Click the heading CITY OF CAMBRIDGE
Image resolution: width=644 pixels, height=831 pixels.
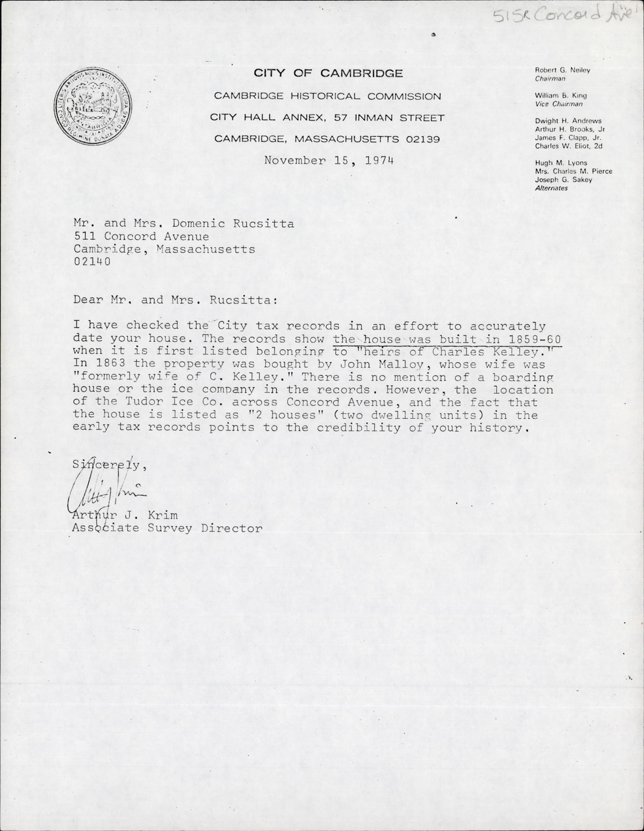tap(328, 73)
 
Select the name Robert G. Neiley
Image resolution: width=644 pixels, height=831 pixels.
tap(562, 70)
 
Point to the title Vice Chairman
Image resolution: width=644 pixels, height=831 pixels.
tap(559, 104)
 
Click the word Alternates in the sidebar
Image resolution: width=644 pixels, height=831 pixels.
tap(551, 188)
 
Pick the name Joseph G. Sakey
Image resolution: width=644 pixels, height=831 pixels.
tap(563, 179)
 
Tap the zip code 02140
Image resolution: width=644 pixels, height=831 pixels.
tap(92, 261)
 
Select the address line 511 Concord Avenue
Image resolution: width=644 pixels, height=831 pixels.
tap(133, 237)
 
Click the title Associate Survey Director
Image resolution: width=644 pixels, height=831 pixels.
tap(168, 528)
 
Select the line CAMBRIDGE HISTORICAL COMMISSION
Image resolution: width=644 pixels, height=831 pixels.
tap(327, 96)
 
